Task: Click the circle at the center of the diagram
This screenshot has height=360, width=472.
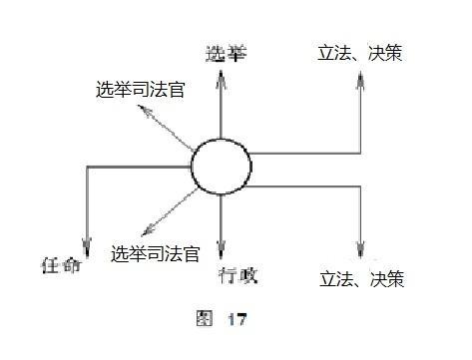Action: pos(220,168)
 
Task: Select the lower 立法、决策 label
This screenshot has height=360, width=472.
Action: pos(361,279)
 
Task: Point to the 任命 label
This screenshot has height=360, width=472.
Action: pos(58,267)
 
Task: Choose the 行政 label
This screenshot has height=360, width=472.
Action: pos(234,271)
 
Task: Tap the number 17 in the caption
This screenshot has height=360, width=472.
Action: pos(235,320)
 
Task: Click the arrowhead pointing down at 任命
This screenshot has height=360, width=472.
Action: pos(88,249)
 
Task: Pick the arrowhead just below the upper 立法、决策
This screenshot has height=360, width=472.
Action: pos(362,80)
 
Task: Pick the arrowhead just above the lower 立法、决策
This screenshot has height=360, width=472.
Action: pos(362,253)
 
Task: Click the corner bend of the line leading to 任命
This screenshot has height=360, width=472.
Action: pos(88,168)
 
